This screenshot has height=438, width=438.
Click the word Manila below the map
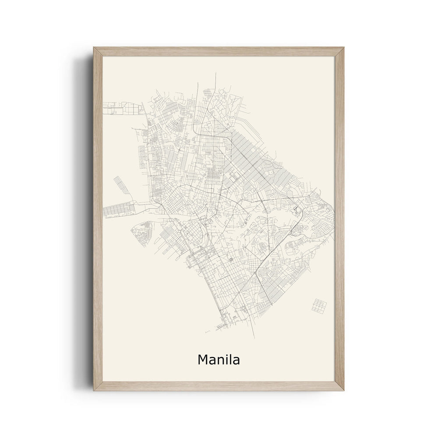219,359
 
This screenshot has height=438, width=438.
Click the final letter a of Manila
236,360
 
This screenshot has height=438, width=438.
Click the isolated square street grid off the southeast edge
319,305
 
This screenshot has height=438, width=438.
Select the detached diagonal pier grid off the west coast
121,184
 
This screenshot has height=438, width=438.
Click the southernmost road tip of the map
254,338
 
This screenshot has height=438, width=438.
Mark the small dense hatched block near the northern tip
208,92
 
